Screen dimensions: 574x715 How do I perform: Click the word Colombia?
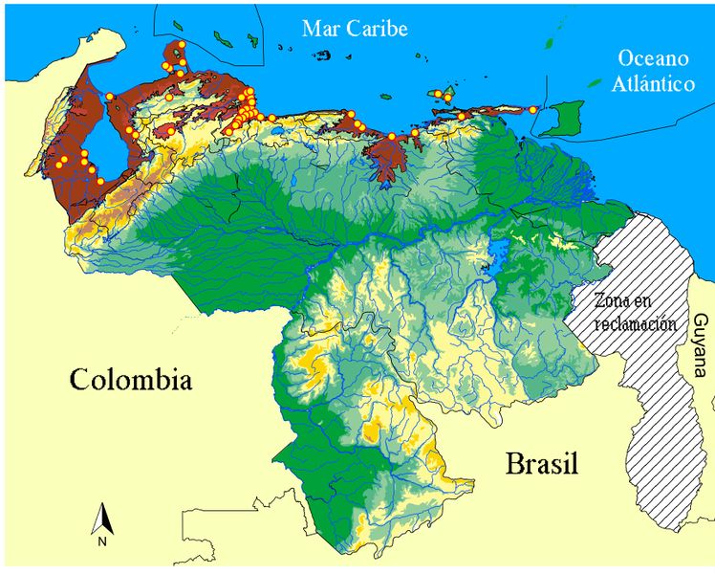pos(131,380)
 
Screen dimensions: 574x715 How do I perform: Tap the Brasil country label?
pos(542,465)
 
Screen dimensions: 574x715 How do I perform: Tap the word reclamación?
pos(625,323)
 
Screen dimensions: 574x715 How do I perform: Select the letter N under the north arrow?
pos(102,541)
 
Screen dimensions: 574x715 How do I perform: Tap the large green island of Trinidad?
pos(570,119)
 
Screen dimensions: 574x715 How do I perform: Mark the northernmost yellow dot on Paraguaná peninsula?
pos(181,44)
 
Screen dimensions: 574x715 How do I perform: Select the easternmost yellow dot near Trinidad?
pos(533,110)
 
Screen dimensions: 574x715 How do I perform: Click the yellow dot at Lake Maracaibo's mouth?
pos(110,97)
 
